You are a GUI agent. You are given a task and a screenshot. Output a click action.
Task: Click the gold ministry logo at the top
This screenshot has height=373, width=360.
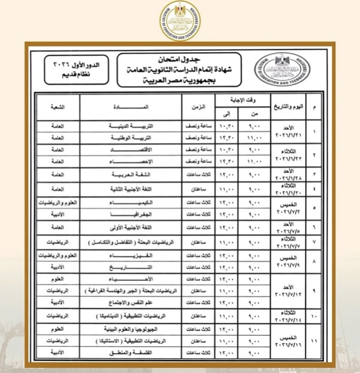[x=181, y=18]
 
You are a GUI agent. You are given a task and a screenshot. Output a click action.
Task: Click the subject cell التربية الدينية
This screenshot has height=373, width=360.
[x=133, y=125]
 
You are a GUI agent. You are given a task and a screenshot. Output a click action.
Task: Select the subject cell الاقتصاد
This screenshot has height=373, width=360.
[x=133, y=149]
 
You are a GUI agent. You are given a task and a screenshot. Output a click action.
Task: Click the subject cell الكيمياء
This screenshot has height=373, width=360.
[x=133, y=203]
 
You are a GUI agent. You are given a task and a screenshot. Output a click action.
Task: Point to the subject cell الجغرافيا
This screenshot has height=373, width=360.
[x=133, y=214]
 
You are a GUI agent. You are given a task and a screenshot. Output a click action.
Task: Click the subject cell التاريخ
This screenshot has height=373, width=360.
[x=133, y=267]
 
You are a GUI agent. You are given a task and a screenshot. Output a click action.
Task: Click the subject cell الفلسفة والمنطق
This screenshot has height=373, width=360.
[x=133, y=354]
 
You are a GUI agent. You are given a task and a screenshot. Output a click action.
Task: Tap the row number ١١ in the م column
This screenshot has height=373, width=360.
[x=314, y=342]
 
